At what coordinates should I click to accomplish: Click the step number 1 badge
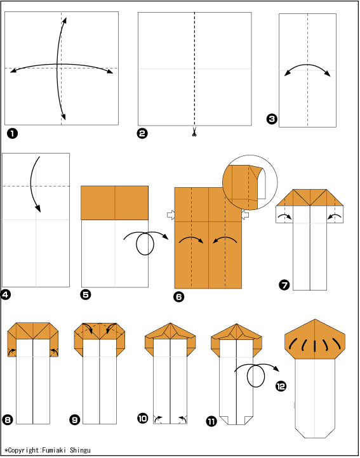point(12,134)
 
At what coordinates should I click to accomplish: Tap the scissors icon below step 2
point(194,133)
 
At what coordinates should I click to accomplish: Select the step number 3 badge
point(272,119)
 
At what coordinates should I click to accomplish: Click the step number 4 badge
point(6,294)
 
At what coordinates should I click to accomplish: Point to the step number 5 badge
point(85,294)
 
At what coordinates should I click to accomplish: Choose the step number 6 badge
point(178,297)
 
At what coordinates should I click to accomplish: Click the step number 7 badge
point(284,284)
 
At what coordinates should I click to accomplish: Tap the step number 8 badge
point(8,420)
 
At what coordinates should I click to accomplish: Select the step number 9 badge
point(75,420)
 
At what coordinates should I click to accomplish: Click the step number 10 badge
point(143,418)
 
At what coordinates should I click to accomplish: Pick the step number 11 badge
point(211,421)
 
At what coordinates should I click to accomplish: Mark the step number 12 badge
point(281,386)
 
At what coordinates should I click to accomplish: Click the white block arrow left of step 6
point(171,215)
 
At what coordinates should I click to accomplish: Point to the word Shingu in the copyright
point(80,450)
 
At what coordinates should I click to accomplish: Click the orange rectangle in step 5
point(115,203)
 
